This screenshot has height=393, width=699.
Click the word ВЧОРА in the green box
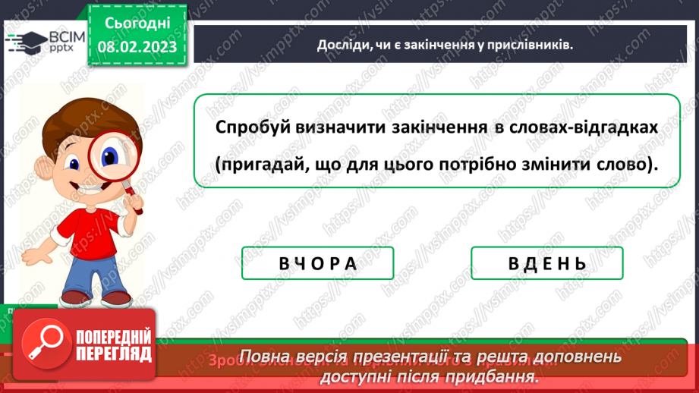click(317, 263)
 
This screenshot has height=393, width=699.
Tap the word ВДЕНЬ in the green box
click(546, 263)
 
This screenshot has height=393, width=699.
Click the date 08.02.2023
click(137, 47)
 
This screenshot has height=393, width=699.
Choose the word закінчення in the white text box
click(435, 127)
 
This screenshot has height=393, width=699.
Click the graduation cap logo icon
click(20, 43)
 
